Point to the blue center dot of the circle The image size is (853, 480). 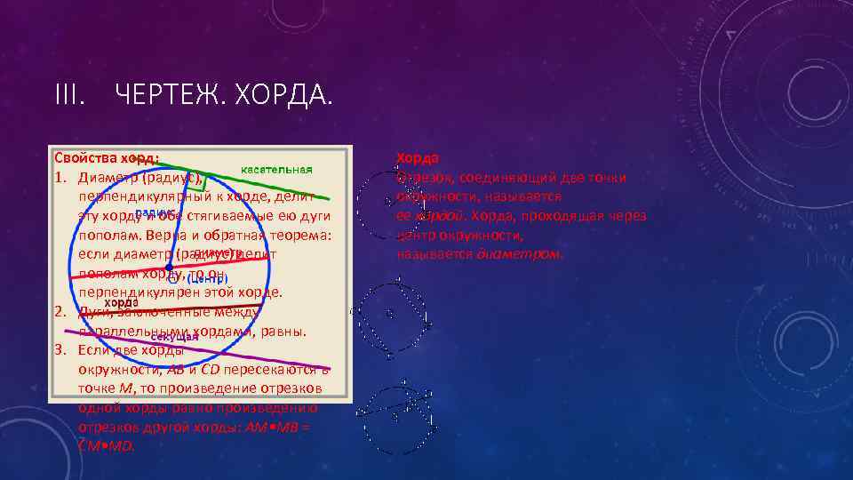click(169, 266)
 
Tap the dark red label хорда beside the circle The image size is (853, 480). click(121, 301)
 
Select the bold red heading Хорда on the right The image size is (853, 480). click(418, 158)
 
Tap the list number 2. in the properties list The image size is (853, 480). click(62, 312)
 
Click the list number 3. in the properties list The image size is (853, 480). click(62, 350)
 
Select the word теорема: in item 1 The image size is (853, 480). click(299, 236)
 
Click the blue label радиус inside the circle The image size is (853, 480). click(153, 213)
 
